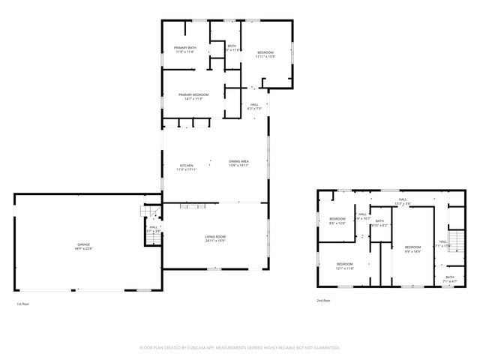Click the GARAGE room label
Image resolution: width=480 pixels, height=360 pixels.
(x=82, y=244)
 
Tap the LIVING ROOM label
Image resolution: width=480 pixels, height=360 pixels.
(x=216, y=237)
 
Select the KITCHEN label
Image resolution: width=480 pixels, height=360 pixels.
(x=186, y=166)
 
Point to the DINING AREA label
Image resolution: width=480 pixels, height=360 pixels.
(x=238, y=161)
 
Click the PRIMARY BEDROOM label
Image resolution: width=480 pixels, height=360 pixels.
(x=191, y=94)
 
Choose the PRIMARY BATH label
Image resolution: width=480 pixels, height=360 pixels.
(x=184, y=48)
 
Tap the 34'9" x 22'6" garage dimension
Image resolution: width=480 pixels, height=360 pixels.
(x=82, y=249)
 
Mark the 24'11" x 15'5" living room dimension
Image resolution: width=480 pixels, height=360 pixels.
(x=216, y=241)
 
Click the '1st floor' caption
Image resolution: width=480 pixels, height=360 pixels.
(x=22, y=304)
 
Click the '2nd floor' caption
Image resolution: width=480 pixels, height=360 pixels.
(x=322, y=300)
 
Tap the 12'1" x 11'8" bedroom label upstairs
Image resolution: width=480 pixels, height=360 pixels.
(x=344, y=268)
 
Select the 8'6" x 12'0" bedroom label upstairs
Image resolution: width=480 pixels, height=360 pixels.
(x=337, y=223)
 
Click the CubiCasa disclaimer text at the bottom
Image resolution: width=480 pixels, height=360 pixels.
(x=240, y=348)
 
